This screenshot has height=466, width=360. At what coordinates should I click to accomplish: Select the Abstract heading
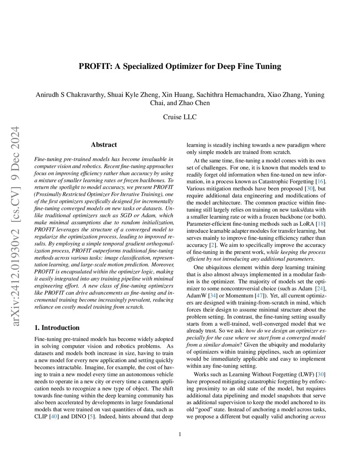tap(104, 145)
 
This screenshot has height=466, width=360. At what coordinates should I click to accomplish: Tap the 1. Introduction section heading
tap(57, 327)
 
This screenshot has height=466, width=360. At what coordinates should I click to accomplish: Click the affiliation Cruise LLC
tap(180, 117)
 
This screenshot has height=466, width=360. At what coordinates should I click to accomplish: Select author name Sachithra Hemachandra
tap(230, 95)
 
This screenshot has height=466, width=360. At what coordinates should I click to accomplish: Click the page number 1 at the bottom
tap(180, 434)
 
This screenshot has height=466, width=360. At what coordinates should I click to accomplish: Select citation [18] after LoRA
tap(320, 224)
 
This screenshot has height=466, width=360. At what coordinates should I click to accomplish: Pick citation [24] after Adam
tap(320, 288)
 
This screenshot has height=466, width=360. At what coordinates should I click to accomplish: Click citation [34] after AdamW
tap(213, 295)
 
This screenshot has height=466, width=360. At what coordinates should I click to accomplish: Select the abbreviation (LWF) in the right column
tap(306, 374)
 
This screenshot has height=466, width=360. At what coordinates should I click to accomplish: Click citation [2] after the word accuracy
tap(212, 245)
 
